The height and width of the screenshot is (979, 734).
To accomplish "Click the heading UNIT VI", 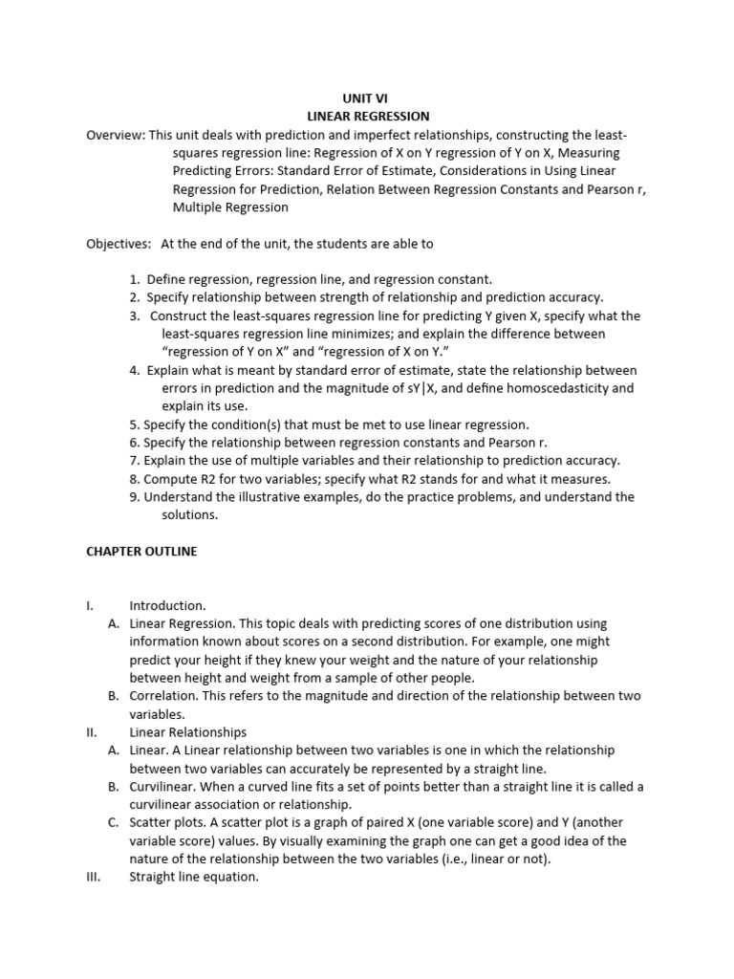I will (x=366, y=98).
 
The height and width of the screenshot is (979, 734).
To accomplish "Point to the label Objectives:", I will (x=119, y=244).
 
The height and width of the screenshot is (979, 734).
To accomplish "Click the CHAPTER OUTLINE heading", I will (x=141, y=552).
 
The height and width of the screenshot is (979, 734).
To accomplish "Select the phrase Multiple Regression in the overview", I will (x=230, y=207).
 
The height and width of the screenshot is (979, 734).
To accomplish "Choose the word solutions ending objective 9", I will (x=189, y=515).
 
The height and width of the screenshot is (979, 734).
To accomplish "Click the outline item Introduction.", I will (x=167, y=605).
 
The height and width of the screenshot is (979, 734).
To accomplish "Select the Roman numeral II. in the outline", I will (x=92, y=732).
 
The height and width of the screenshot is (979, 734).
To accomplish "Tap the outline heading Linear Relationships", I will (x=187, y=732).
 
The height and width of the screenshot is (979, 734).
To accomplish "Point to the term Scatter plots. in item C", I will (x=167, y=823).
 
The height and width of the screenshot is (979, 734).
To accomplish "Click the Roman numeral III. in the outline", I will (x=93, y=878).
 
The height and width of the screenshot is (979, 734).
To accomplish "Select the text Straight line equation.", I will (x=194, y=878).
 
